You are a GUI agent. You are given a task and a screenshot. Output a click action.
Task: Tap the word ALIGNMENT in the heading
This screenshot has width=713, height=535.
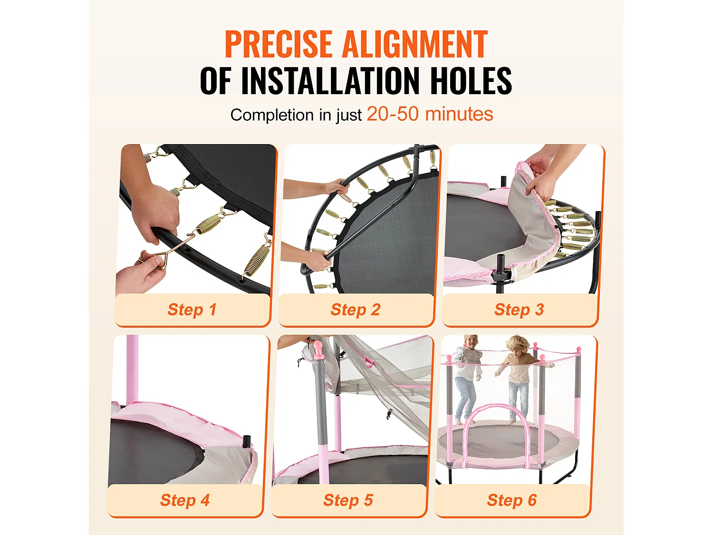pos(415,44)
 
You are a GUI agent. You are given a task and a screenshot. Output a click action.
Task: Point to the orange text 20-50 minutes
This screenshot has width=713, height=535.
pos(430,114)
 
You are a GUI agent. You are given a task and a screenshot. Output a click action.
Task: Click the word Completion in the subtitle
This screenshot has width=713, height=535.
pos(272,115)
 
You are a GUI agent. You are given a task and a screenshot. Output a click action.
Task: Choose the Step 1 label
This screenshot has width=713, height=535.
pos(192,310)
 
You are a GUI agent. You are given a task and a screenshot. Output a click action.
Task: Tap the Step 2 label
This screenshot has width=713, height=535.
pos(356,310)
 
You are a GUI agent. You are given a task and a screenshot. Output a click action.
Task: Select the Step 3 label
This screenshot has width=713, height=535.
pos(519,310)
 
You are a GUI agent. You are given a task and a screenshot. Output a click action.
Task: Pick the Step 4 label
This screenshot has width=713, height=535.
pos(184,500)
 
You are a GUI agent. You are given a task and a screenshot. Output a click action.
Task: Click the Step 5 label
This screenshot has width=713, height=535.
pos(348,500)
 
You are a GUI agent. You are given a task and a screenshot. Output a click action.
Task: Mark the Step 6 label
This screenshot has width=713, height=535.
pos(511,500)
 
